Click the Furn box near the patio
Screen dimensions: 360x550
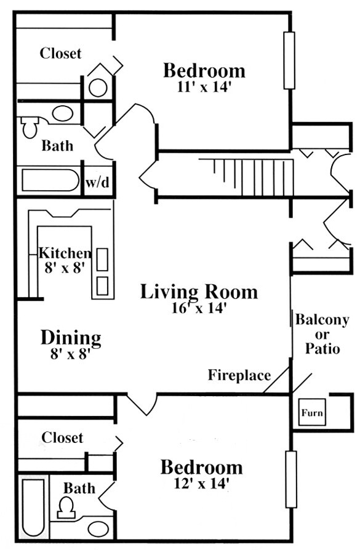coord(311,412)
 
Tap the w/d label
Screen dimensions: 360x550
coord(98,182)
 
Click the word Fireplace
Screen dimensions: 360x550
coord(239,375)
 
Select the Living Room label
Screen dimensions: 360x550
coord(199,292)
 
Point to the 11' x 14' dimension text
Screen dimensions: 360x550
coord(204,86)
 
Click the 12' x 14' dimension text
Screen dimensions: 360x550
coord(201,484)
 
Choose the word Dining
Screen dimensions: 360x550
coord(71,338)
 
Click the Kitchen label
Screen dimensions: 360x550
coord(65,253)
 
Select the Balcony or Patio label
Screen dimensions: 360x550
coord(322,334)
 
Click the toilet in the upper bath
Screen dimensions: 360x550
coord(30,127)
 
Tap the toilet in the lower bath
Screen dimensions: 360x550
coord(66,508)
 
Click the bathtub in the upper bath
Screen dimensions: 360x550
coord(51,180)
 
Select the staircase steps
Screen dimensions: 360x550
coord(253,177)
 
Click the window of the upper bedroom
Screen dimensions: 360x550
coord(289,61)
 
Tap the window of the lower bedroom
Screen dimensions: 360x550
coord(291,479)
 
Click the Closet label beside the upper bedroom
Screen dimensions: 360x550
coord(60,54)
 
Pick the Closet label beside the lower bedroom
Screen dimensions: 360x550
coord(62,437)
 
